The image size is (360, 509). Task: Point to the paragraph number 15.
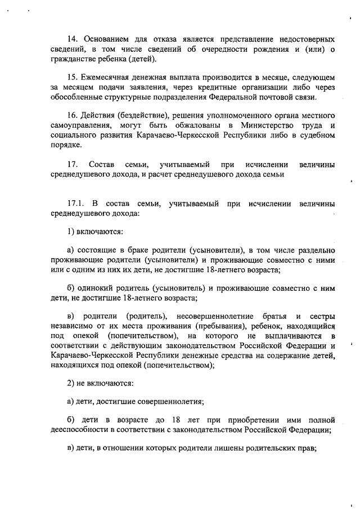click(x=73, y=76)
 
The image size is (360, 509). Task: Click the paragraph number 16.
click(x=73, y=114)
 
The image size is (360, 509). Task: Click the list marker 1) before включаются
click(x=71, y=231)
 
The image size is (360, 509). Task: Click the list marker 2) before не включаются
click(x=71, y=384)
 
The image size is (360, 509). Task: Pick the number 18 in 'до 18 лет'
click(x=176, y=420)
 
